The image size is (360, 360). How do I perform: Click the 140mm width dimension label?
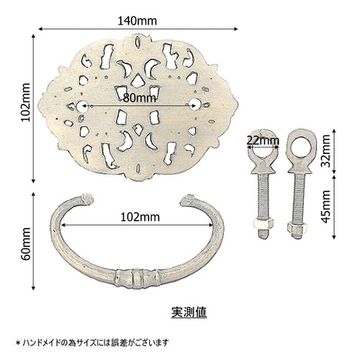137,21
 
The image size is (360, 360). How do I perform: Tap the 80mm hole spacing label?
140,98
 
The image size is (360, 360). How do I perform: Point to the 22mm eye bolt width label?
263,141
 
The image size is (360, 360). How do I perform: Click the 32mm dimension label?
326,151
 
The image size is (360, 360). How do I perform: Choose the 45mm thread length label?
326,207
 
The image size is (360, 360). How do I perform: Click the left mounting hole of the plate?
82,105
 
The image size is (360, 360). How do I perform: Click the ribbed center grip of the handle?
137,277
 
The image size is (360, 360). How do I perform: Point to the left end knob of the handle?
87,199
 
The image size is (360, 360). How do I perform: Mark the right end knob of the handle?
188,199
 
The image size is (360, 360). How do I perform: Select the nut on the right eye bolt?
297,227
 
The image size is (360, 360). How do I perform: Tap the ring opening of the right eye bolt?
302,148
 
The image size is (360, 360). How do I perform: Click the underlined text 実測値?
189,312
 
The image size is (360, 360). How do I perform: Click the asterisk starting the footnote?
18,342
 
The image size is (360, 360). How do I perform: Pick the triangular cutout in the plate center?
138,79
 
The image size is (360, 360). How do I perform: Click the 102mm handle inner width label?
140,217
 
